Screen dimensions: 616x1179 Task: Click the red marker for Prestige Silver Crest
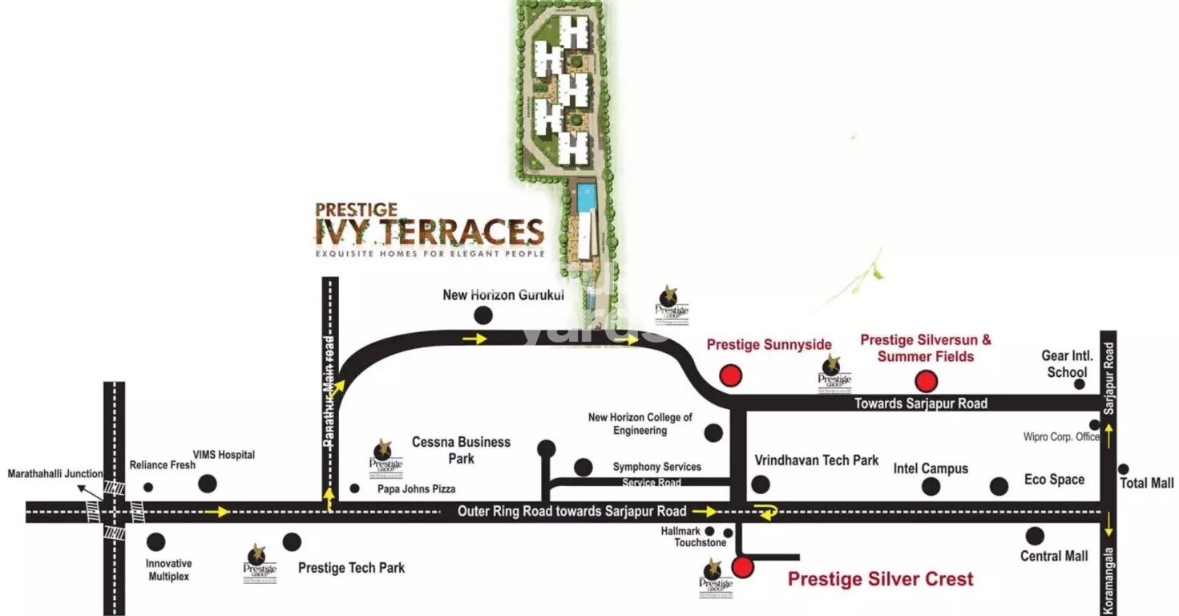pyautogui.click(x=743, y=568)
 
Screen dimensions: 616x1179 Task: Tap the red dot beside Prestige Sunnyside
pyautogui.click(x=730, y=375)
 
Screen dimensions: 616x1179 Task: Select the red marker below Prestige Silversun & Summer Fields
pyautogui.click(x=927, y=380)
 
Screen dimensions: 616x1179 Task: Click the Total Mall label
pyautogui.click(x=1146, y=483)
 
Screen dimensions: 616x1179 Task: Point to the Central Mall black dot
pyautogui.click(x=1035, y=536)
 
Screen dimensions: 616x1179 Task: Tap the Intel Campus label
pyautogui.click(x=931, y=468)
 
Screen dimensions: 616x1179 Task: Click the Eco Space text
pyautogui.click(x=1054, y=479)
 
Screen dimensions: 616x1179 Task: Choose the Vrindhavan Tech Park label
pyautogui.click(x=817, y=460)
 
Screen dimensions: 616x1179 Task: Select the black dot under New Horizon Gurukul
pyautogui.click(x=483, y=315)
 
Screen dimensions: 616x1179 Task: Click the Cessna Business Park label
pyautogui.click(x=461, y=450)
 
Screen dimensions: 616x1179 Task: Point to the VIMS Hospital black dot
pyautogui.click(x=207, y=484)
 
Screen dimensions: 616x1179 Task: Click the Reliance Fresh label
pyautogui.click(x=163, y=465)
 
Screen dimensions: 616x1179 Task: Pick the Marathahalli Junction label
pyautogui.click(x=55, y=474)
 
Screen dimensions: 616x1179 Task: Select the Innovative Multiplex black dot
pyautogui.click(x=156, y=542)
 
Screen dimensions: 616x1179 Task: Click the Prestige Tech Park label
pyautogui.click(x=351, y=568)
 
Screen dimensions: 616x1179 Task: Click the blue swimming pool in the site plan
pyautogui.click(x=586, y=193)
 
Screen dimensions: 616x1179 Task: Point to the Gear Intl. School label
pyautogui.click(x=1067, y=363)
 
